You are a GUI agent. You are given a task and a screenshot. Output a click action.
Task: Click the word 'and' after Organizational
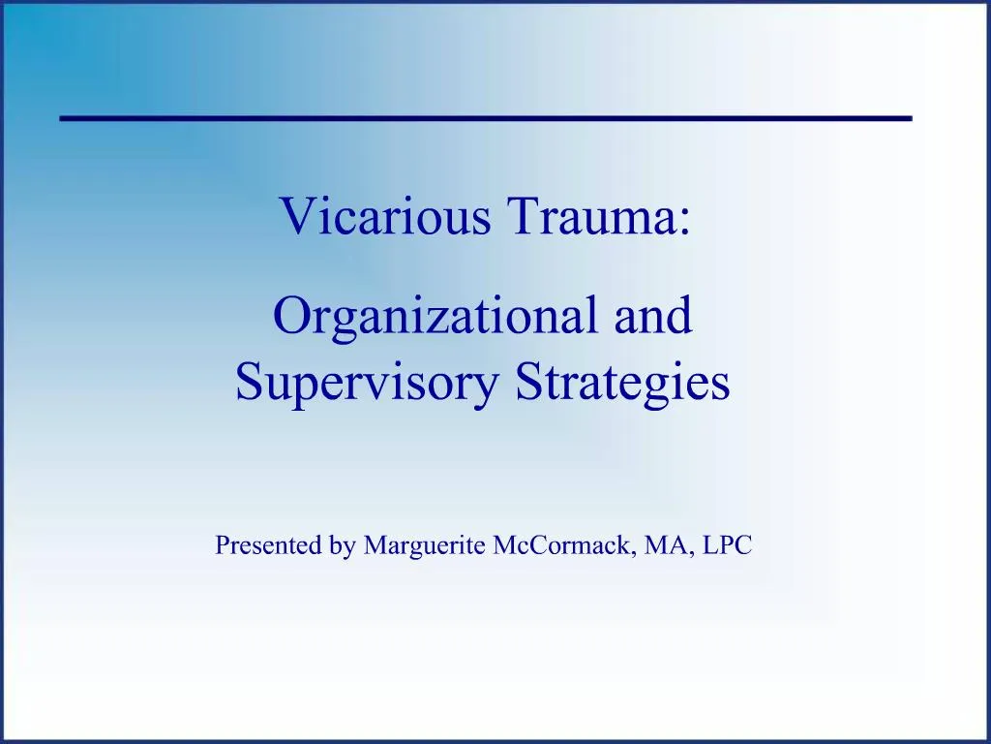(x=653, y=317)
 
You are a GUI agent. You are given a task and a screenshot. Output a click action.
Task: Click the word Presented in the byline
(x=268, y=545)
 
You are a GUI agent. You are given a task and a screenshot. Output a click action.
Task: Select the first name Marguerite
(x=425, y=547)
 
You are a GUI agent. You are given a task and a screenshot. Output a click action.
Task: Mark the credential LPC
(x=728, y=545)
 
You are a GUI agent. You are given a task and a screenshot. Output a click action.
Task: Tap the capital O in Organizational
(x=290, y=317)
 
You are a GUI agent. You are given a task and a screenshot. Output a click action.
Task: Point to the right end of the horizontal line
(x=909, y=117)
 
